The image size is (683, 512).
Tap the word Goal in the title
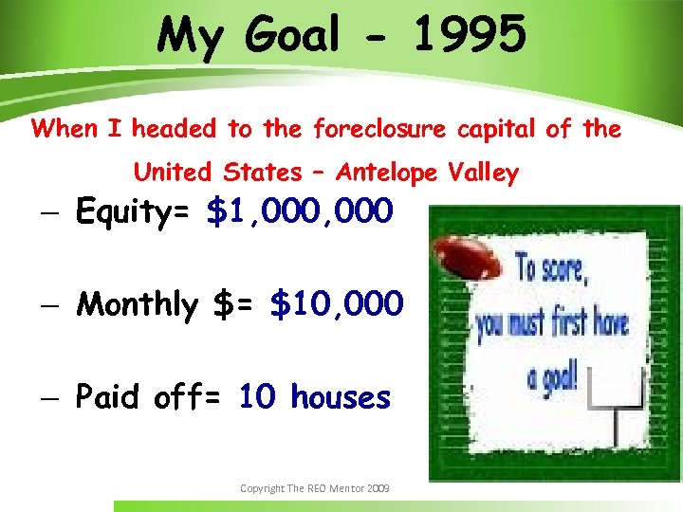[292, 36]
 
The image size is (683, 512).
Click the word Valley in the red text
[486, 173]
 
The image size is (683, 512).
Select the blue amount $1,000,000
[298, 212]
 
